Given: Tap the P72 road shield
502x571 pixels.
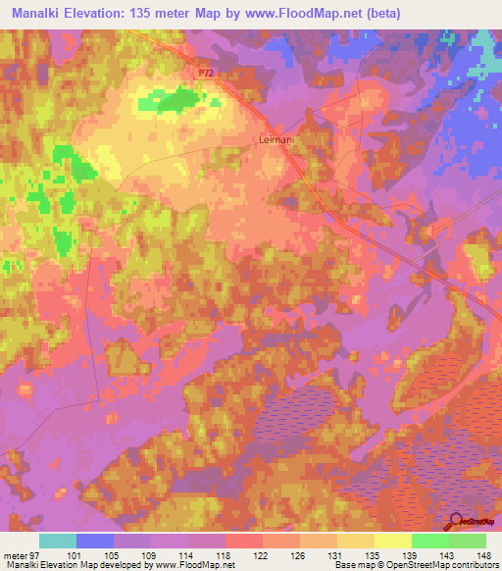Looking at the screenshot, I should [204, 74].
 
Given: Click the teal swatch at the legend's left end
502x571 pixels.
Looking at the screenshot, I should [58, 541].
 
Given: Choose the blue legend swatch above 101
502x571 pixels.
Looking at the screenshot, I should [95, 541].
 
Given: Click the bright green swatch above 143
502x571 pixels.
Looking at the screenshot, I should [429, 541].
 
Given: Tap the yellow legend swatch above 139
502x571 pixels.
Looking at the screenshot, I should [392, 541].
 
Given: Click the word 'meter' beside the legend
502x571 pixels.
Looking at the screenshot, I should [13, 554].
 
